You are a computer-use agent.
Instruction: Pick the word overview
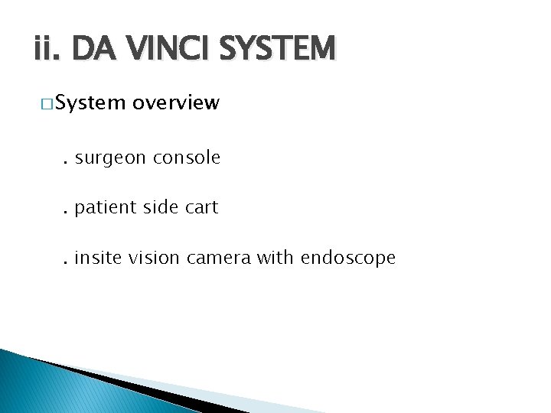[176, 103]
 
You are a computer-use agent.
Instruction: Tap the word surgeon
[112, 158]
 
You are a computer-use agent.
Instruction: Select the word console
[187, 158]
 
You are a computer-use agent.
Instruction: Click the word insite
[100, 259]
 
